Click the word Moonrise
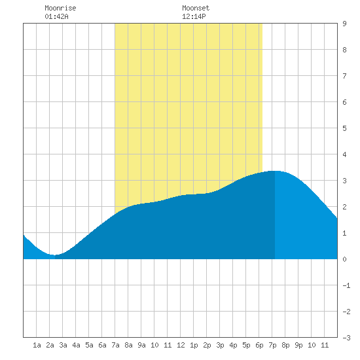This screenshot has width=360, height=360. pyautogui.click(x=60, y=8)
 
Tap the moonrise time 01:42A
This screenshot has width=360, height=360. pyautogui.click(x=56, y=16)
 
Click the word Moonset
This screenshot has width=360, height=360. pyautogui.click(x=196, y=8)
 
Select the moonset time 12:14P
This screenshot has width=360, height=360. pyautogui.click(x=194, y=16)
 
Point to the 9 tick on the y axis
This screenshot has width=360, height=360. pyautogui.click(x=344, y=24)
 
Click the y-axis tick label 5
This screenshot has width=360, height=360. pyautogui.click(x=344, y=128)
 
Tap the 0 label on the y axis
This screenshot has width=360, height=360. pyautogui.click(x=344, y=259)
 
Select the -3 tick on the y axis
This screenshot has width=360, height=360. pyautogui.click(x=346, y=338)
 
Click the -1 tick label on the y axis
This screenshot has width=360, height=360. pyautogui.click(x=346, y=285)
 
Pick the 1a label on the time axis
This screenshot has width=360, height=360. pyautogui.click(x=37, y=345)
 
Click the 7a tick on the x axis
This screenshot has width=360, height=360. pyautogui.click(x=115, y=345)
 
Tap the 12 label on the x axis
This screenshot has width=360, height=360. pyautogui.click(x=181, y=345)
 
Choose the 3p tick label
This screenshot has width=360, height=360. pyautogui.click(x=220, y=345)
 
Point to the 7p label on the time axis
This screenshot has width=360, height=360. pyautogui.click(x=272, y=345)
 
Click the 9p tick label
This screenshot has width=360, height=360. pyautogui.click(x=298, y=345)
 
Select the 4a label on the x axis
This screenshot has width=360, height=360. pyautogui.click(x=76, y=345)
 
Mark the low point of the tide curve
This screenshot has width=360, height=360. pyautogui.click(x=54, y=255)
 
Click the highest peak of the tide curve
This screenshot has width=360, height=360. pyautogui.click(x=275, y=171)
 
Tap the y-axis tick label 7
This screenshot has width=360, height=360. pyautogui.click(x=344, y=76)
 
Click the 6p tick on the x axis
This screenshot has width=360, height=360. pyautogui.click(x=259, y=345)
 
